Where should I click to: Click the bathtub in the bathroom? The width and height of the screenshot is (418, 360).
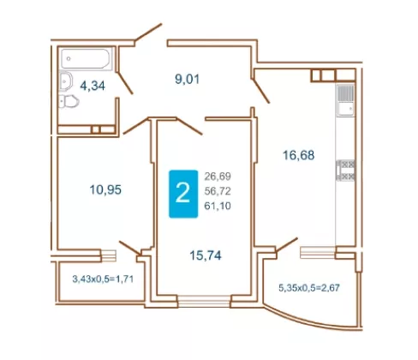tap(86, 58)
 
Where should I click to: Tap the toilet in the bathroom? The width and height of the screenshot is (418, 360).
tap(69, 101)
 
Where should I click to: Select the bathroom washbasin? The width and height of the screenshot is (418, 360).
tap(66, 81)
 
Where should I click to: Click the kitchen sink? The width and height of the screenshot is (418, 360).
tap(345, 100)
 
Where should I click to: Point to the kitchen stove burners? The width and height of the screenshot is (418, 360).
tap(346, 171)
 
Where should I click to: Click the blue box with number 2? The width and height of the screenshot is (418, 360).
tap(183, 194)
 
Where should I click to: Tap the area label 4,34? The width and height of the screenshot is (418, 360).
tap(93, 86)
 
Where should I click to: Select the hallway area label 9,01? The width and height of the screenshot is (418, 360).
tap(188, 79)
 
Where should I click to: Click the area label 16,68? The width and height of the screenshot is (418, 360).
tap(298, 155)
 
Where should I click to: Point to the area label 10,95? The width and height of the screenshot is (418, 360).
tap(105, 189)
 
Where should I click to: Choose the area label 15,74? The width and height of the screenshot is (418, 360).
tap(206, 255)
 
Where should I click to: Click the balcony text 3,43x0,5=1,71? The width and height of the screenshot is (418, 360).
tap(103, 279)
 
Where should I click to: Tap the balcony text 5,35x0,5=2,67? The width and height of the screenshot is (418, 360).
tap(309, 288)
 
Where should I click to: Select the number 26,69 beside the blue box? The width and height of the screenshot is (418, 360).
tap(218, 177)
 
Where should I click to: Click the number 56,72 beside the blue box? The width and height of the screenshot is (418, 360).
tap(218, 191)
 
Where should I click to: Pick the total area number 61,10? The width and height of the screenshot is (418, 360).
tap(218, 206)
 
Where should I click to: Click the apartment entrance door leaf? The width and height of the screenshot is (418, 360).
tap(148, 33)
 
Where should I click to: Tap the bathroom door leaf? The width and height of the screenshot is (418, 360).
tap(125, 83)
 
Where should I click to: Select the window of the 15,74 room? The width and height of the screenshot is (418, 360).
tap(204, 301)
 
